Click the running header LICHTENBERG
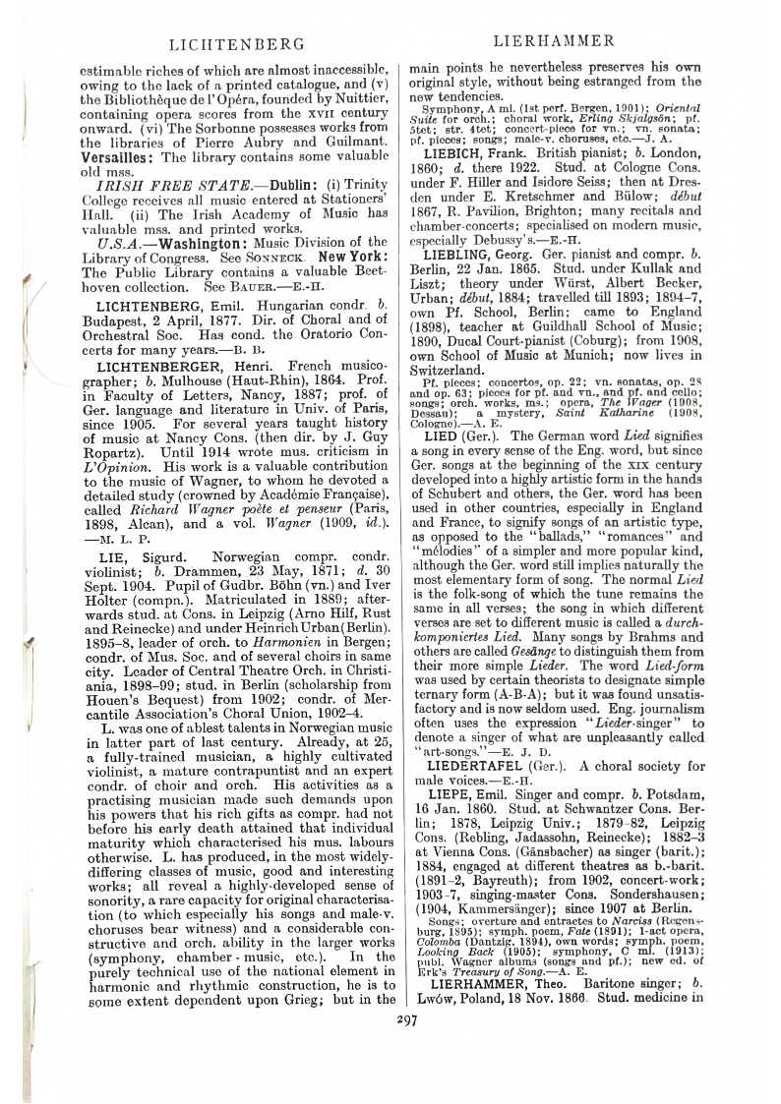232,45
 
